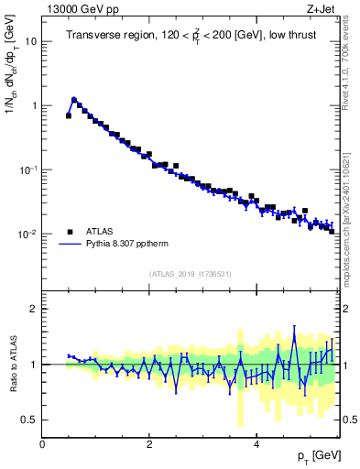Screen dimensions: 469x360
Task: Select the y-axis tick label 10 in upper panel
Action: click(30, 41)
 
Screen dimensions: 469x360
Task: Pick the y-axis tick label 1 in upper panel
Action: click(33, 105)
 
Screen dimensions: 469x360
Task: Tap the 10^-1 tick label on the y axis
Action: click(28, 169)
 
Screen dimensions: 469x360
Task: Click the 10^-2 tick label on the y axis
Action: click(28, 234)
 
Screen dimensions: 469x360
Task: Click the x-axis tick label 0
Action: click(42, 443)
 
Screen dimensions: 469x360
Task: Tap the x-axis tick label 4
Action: click(256, 443)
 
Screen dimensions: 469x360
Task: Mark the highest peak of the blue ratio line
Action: click(294, 326)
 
